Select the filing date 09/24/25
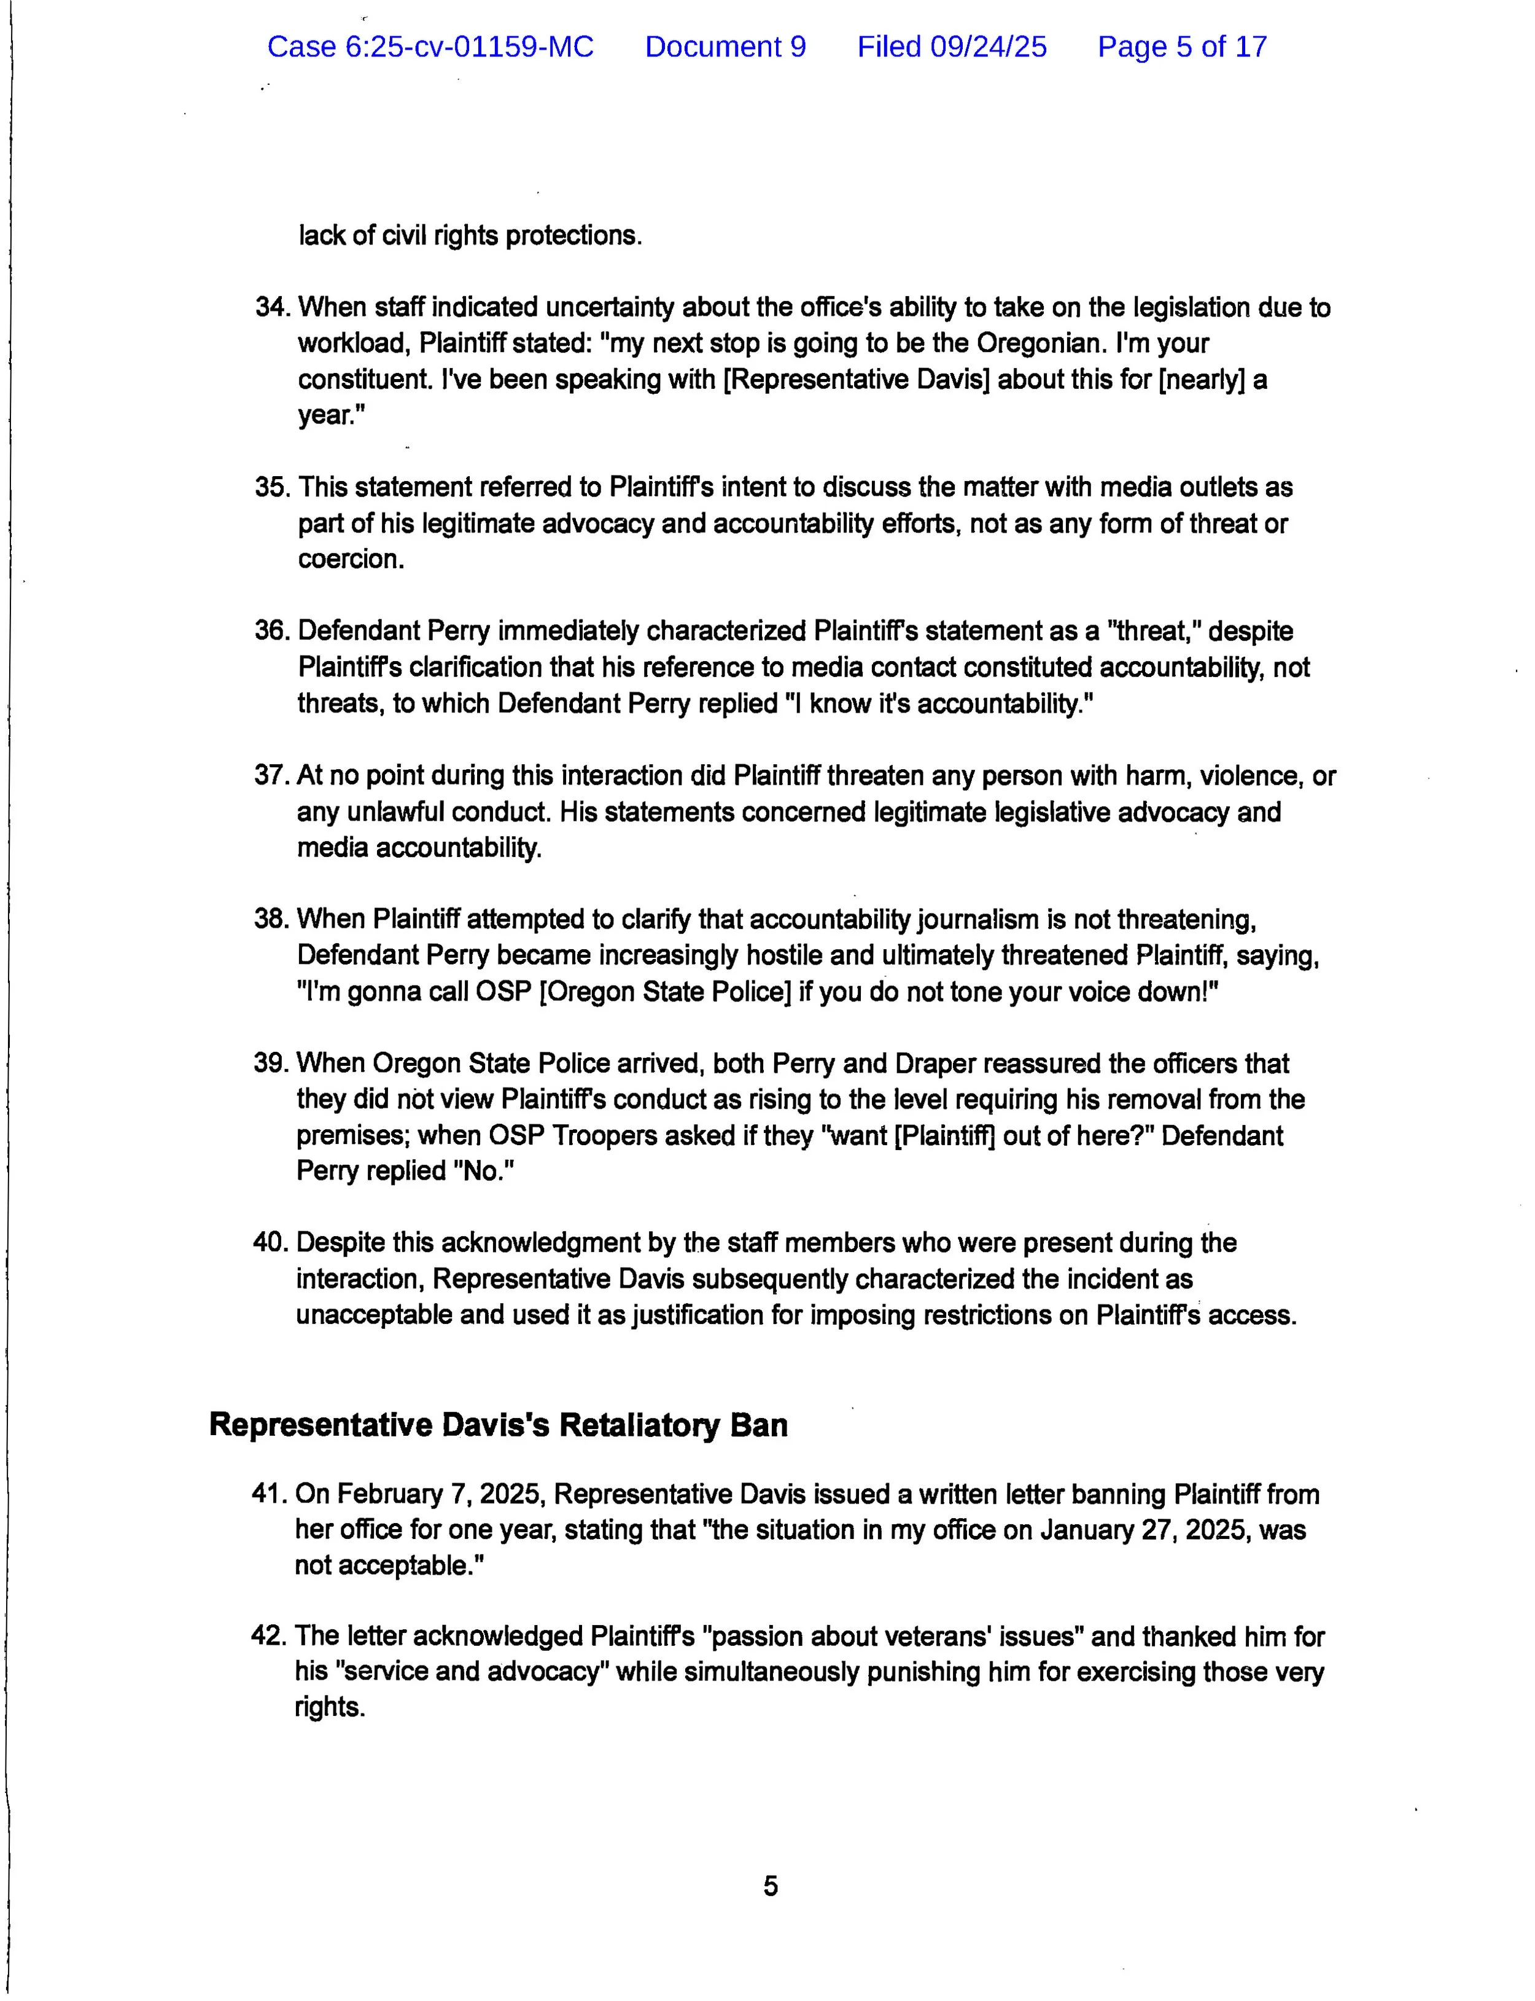988,47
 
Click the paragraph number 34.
271,307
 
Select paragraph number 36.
271,631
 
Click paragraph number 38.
270,918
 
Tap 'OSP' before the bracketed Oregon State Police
503,991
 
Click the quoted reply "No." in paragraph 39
483,1171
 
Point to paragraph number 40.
270,1242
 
